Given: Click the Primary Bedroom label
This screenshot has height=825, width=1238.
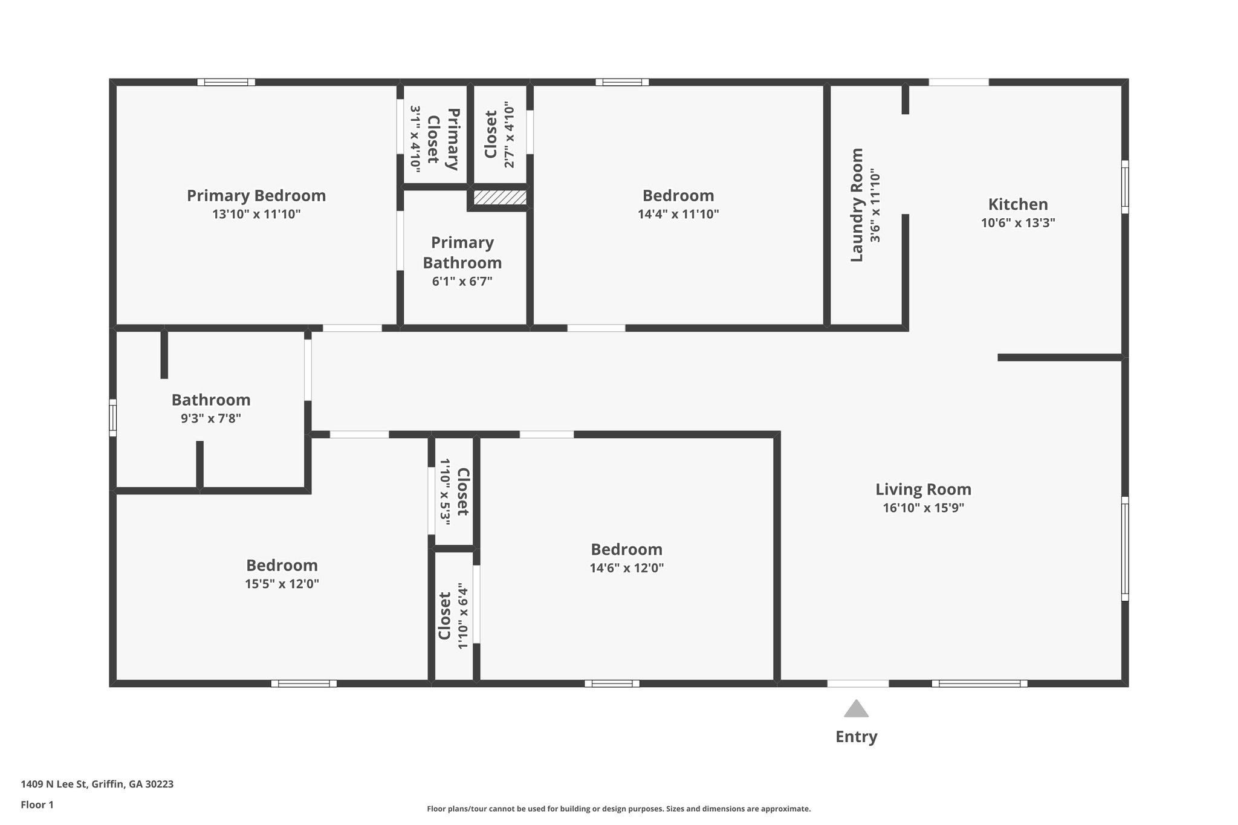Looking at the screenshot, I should [256, 196].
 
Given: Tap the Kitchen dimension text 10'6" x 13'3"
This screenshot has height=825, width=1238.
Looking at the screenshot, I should [1018, 222].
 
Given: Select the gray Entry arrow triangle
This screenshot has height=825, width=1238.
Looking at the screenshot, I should [856, 709].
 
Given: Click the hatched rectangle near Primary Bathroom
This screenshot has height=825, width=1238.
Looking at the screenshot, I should [499, 198].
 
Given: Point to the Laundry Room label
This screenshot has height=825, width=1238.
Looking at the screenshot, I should [857, 205].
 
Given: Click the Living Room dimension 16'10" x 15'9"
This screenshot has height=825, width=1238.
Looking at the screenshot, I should [923, 508].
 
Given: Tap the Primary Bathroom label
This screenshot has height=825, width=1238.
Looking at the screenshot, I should [462, 253].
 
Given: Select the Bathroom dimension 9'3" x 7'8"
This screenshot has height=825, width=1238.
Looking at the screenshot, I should [211, 418].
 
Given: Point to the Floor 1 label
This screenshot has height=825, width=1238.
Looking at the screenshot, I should [37, 804].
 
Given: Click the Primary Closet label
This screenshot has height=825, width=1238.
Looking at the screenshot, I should [443, 139].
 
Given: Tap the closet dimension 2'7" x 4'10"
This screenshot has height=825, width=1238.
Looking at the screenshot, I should [510, 137].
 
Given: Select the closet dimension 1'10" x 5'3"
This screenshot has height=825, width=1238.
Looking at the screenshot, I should [445, 491].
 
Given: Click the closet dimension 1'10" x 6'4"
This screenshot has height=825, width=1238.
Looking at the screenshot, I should [463, 616].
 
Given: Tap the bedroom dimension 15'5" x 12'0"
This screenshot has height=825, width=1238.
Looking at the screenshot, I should [282, 584].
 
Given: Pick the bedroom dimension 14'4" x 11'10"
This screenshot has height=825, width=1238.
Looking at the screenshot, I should [678, 214].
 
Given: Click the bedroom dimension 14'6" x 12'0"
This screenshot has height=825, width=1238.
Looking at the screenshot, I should [627, 568].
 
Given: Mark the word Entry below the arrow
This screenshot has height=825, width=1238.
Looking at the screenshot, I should [856, 737].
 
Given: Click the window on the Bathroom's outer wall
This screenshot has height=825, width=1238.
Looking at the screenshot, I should [112, 417].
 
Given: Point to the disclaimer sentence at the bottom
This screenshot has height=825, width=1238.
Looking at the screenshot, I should [618, 809].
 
